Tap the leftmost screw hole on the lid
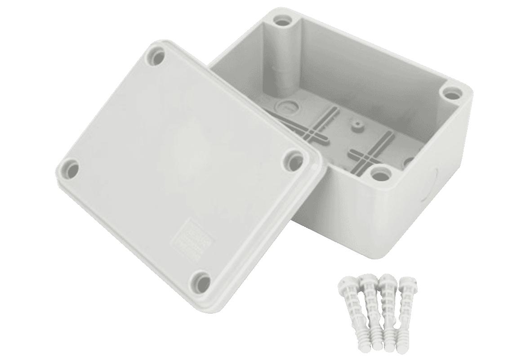[72, 168]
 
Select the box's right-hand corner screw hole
[450, 93]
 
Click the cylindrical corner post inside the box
[283, 63]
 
